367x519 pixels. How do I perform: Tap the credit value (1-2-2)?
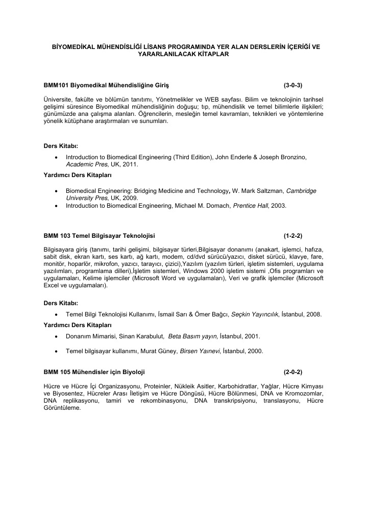point(293,236)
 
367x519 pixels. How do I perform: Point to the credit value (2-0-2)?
point(293,372)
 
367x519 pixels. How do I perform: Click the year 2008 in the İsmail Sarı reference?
point(313,314)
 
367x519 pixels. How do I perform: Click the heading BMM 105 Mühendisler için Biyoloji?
point(97,372)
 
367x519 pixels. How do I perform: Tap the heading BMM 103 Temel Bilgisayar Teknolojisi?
point(100,236)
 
